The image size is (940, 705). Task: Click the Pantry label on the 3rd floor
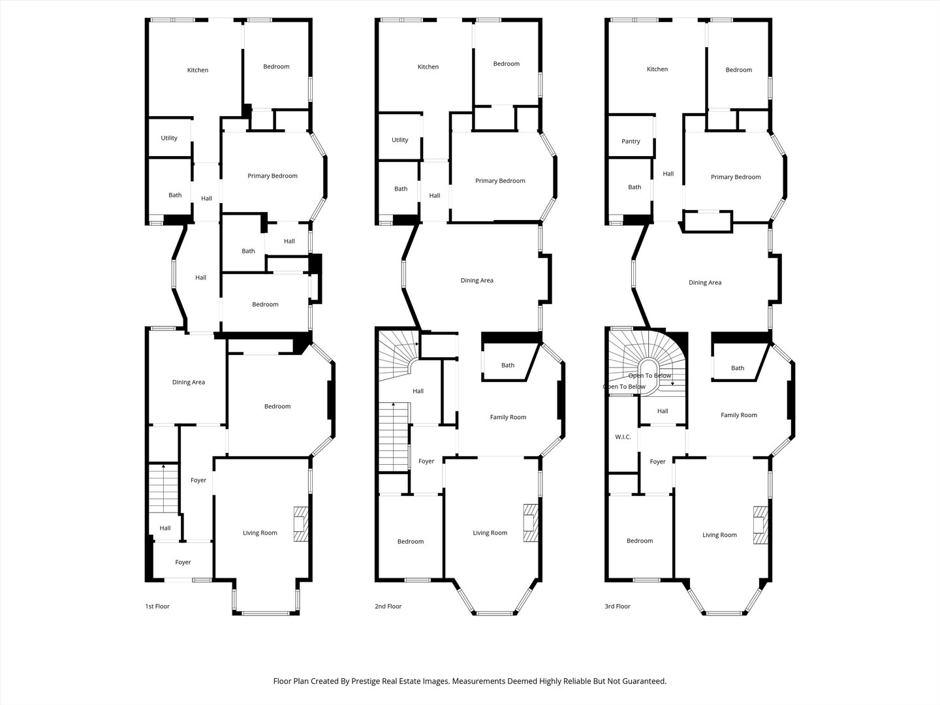click(631, 141)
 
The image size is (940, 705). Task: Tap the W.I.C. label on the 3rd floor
click(623, 437)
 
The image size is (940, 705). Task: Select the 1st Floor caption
click(157, 606)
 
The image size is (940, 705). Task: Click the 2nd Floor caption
click(388, 606)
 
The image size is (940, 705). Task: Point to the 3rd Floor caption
click(618, 606)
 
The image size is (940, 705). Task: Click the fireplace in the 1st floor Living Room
click(301, 524)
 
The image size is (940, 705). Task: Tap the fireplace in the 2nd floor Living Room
click(531, 522)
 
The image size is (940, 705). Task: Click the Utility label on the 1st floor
click(169, 138)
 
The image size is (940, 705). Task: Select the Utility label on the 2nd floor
click(399, 140)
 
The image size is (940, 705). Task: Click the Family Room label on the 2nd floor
click(508, 417)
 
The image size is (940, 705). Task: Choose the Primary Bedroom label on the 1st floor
click(272, 176)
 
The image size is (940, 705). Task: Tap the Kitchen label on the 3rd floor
click(657, 69)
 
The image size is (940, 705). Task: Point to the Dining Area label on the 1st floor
click(189, 383)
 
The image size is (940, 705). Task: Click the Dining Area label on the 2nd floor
click(477, 281)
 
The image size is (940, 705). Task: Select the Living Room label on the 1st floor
click(260, 533)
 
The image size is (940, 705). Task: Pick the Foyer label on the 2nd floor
click(426, 462)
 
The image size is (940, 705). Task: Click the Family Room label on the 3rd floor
click(739, 415)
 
